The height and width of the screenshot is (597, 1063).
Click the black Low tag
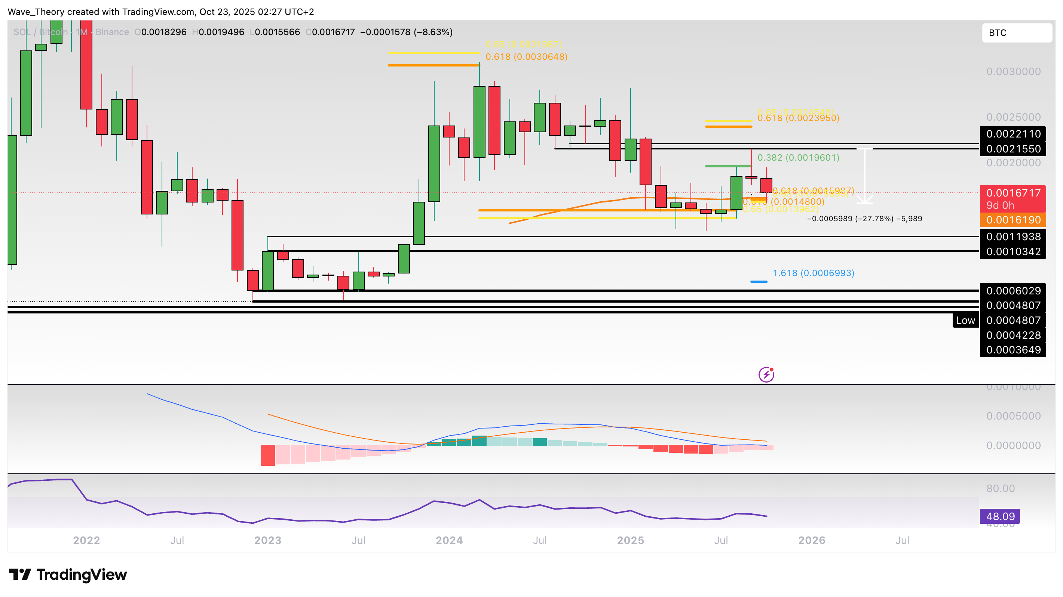pos(965,320)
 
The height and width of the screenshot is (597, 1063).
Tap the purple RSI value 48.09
pos(999,516)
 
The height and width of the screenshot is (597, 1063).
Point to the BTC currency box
pos(1016,33)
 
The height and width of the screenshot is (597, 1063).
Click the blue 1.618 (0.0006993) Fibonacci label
pos(813,273)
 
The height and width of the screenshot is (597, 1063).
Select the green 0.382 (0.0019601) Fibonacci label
pos(798,158)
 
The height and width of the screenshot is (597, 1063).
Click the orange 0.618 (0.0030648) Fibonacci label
pos(526,57)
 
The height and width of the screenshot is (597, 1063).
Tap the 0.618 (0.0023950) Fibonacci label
pos(798,118)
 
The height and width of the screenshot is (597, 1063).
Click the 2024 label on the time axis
pos(449,540)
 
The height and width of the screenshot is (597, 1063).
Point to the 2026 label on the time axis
pos(812,540)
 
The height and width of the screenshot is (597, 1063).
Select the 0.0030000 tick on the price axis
pos(1013,72)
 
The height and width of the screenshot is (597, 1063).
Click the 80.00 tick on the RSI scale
pos(1000,489)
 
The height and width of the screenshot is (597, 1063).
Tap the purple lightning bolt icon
pos(766,374)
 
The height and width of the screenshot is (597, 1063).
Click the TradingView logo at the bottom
pos(68,574)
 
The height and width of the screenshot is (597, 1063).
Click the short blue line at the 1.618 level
pos(759,282)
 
